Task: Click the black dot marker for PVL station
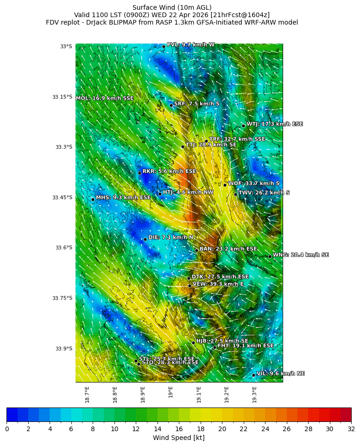(164, 46)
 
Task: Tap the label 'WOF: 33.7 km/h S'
(253, 184)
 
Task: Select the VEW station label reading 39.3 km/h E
(218, 284)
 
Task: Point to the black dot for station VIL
(254, 375)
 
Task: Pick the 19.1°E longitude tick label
(199, 395)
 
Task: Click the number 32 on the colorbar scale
(351, 429)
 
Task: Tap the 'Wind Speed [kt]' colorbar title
(178, 438)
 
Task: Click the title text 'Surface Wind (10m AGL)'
(172, 7)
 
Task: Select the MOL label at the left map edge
(105, 98)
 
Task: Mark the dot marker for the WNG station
(270, 256)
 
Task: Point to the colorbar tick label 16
(179, 429)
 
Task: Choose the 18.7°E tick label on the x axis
(87, 395)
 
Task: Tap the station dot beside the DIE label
(145, 239)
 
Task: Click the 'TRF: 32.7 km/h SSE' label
(237, 139)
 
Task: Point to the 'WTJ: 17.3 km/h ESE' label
(274, 124)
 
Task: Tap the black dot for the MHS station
(93, 199)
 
